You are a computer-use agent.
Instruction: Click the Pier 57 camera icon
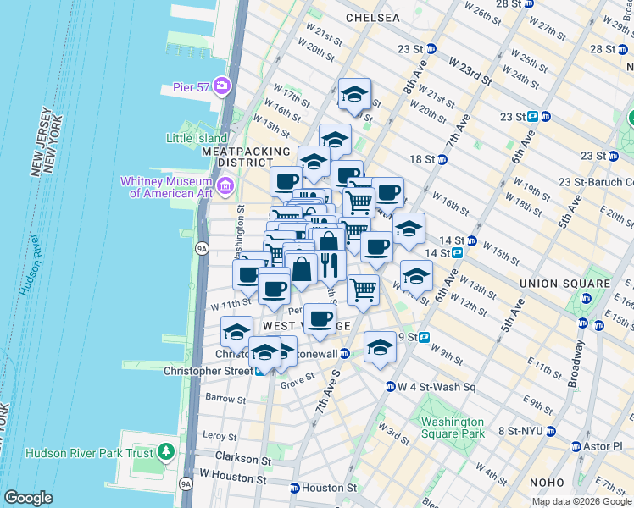(x=222, y=85)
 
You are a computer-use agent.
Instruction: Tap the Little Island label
(x=197, y=138)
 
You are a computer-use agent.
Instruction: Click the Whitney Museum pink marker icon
(x=225, y=185)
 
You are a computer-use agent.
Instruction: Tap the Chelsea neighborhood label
(x=373, y=18)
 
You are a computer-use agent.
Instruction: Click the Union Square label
(x=564, y=283)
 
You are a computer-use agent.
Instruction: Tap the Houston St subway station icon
(x=294, y=489)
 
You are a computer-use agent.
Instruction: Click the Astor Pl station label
(x=609, y=446)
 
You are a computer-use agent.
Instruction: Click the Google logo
(x=29, y=498)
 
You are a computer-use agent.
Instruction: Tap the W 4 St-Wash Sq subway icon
(x=391, y=387)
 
